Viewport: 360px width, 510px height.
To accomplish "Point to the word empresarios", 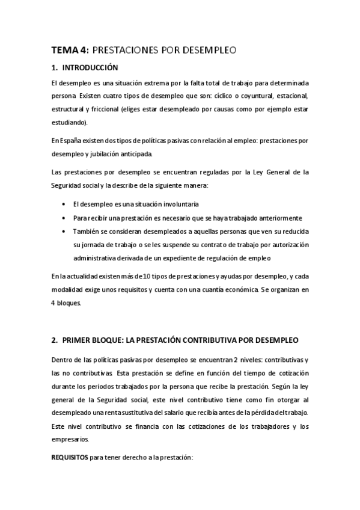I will tap(70, 439).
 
